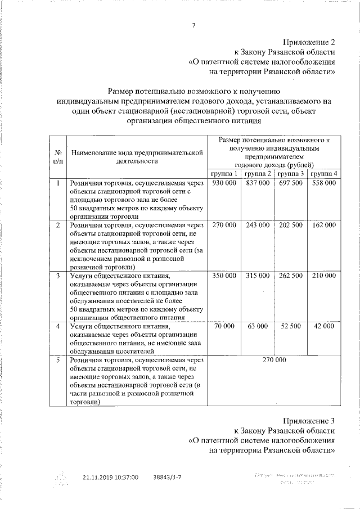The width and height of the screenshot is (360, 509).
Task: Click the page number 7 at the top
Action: tap(194, 25)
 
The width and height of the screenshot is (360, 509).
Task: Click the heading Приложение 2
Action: tap(309, 42)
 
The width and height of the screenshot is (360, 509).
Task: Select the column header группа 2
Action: tap(258, 174)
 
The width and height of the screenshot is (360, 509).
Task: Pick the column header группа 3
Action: tap(291, 174)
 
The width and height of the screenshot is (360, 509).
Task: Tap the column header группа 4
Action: tap(325, 174)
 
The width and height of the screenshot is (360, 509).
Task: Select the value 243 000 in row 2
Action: tap(258, 225)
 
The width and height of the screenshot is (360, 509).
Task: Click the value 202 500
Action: tap(291, 225)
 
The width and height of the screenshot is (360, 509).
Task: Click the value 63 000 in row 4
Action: tap(258, 326)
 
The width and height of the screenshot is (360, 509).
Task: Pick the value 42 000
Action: tap(325, 326)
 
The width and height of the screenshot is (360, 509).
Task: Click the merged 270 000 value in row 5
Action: tap(274, 360)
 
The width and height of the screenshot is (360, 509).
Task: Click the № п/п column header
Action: tap(57, 156)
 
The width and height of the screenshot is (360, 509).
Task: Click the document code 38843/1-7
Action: tap(167, 477)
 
